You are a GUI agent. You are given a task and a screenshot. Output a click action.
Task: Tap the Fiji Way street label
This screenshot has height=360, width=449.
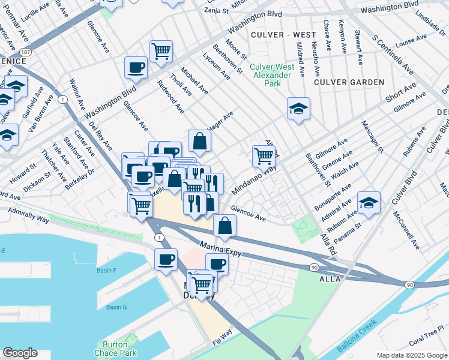(x=222, y=338)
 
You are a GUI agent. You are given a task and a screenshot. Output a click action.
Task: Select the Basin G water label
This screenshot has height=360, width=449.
(x=116, y=307)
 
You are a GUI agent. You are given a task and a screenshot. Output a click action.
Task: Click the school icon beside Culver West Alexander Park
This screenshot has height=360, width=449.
(x=298, y=109)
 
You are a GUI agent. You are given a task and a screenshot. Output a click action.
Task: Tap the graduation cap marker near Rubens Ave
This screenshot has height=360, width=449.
(x=369, y=203)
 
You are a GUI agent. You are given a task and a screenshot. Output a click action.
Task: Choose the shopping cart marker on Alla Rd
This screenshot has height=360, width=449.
(x=264, y=156)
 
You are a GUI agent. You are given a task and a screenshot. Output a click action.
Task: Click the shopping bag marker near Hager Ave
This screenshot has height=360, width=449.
(x=200, y=141)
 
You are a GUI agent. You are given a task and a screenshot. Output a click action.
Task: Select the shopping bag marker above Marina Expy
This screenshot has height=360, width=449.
(x=224, y=226)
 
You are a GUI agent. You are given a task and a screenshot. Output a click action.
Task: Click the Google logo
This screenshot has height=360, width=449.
(x=20, y=353)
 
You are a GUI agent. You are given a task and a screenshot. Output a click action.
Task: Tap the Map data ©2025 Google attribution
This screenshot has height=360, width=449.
(x=411, y=355)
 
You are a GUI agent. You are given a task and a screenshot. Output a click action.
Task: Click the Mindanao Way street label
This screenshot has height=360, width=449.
(x=253, y=181)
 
